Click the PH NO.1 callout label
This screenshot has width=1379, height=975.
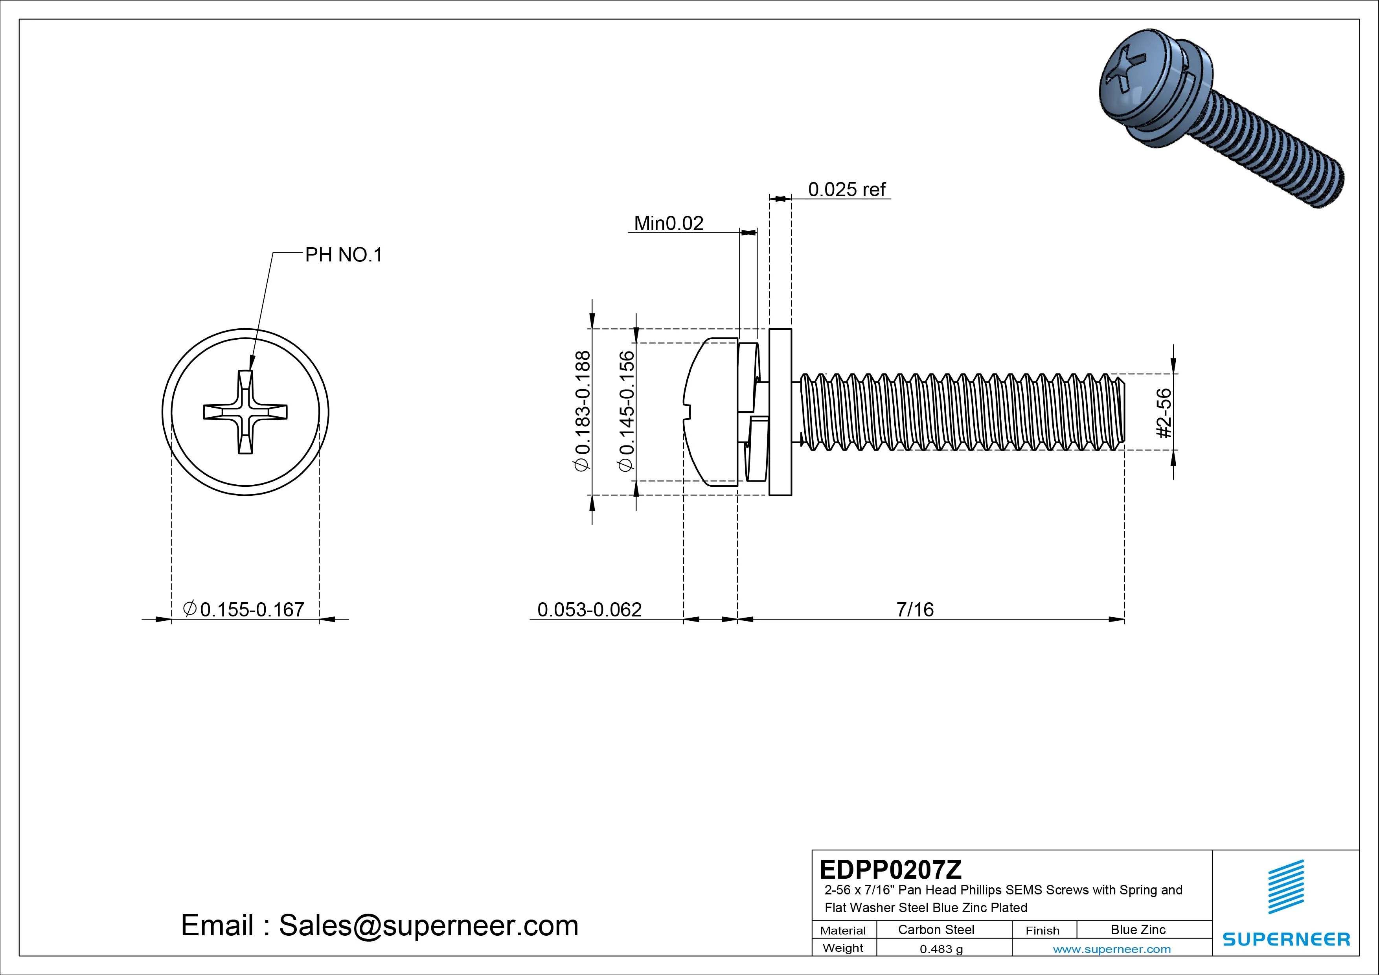point(344,255)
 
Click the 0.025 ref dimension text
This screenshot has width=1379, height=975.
point(846,190)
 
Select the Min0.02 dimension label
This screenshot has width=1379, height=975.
point(669,223)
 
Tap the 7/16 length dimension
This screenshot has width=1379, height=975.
point(915,610)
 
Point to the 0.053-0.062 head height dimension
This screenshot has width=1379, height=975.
point(589,610)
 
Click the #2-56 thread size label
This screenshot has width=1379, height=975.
point(1164,413)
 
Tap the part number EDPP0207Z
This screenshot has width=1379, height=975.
point(890,869)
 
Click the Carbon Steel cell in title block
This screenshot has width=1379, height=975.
point(936,930)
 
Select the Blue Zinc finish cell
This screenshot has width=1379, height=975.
point(1138,930)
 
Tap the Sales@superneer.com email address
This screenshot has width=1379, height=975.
point(428,926)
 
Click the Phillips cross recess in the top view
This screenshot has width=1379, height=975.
point(245,412)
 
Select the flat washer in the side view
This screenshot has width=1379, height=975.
point(780,412)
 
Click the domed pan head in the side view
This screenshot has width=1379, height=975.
point(712,412)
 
